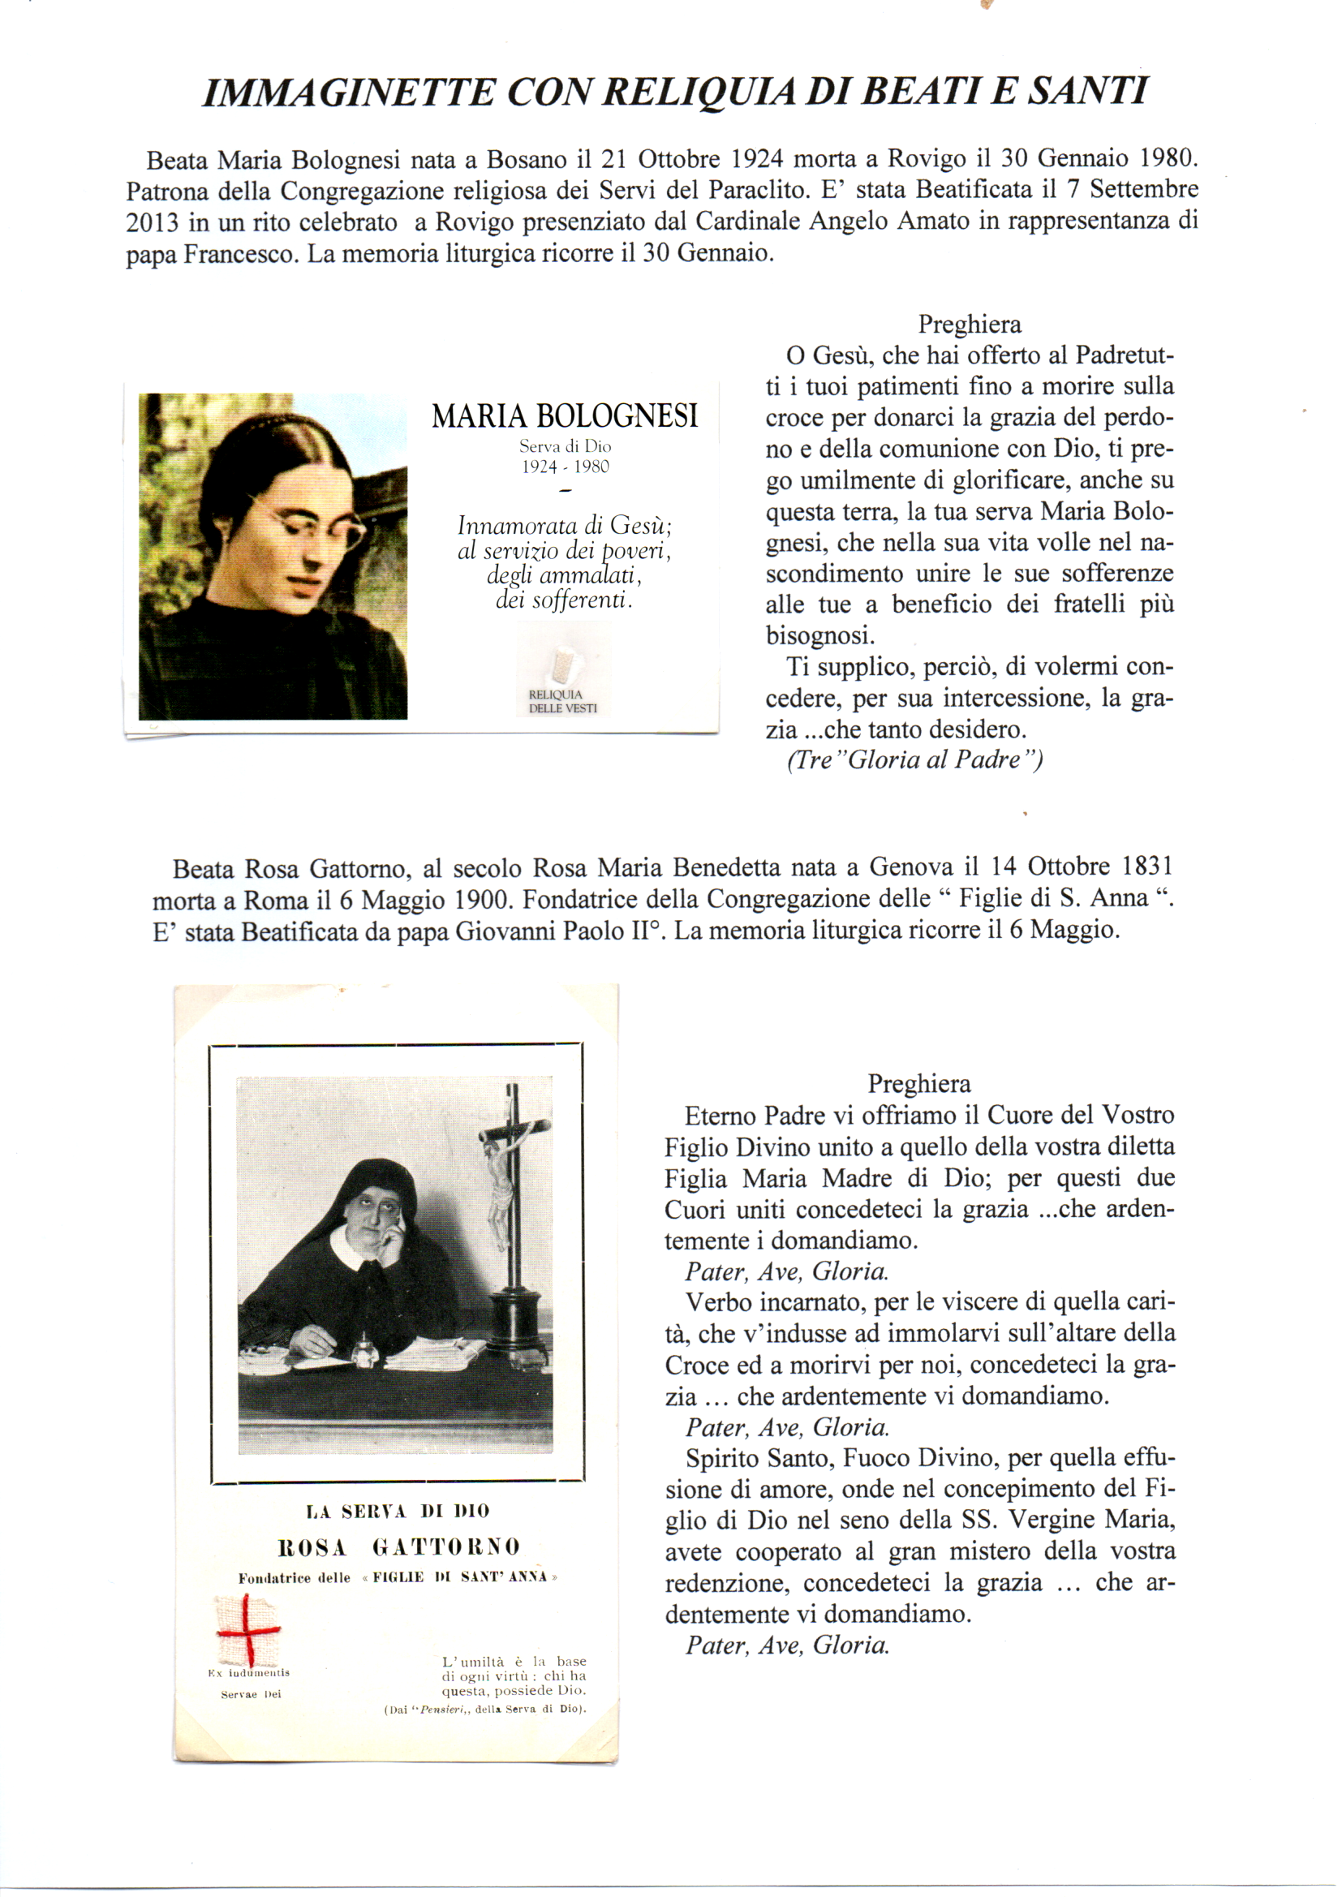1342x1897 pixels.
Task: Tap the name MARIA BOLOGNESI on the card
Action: pyautogui.click(x=565, y=415)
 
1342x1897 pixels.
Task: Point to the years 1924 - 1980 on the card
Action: pyautogui.click(x=565, y=467)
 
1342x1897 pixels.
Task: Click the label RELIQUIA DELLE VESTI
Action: pyautogui.click(x=562, y=702)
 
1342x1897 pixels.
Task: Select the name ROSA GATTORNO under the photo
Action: pyautogui.click(x=398, y=1546)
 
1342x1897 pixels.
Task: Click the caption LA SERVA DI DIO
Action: pyautogui.click(x=398, y=1511)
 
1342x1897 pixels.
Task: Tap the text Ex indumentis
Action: pyautogui.click(x=249, y=1673)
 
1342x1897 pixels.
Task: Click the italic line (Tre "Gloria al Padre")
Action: pyautogui.click(x=914, y=759)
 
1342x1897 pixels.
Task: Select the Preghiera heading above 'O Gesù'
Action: pyautogui.click(x=970, y=325)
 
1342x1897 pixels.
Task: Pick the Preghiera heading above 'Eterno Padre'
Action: pyautogui.click(x=919, y=1083)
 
